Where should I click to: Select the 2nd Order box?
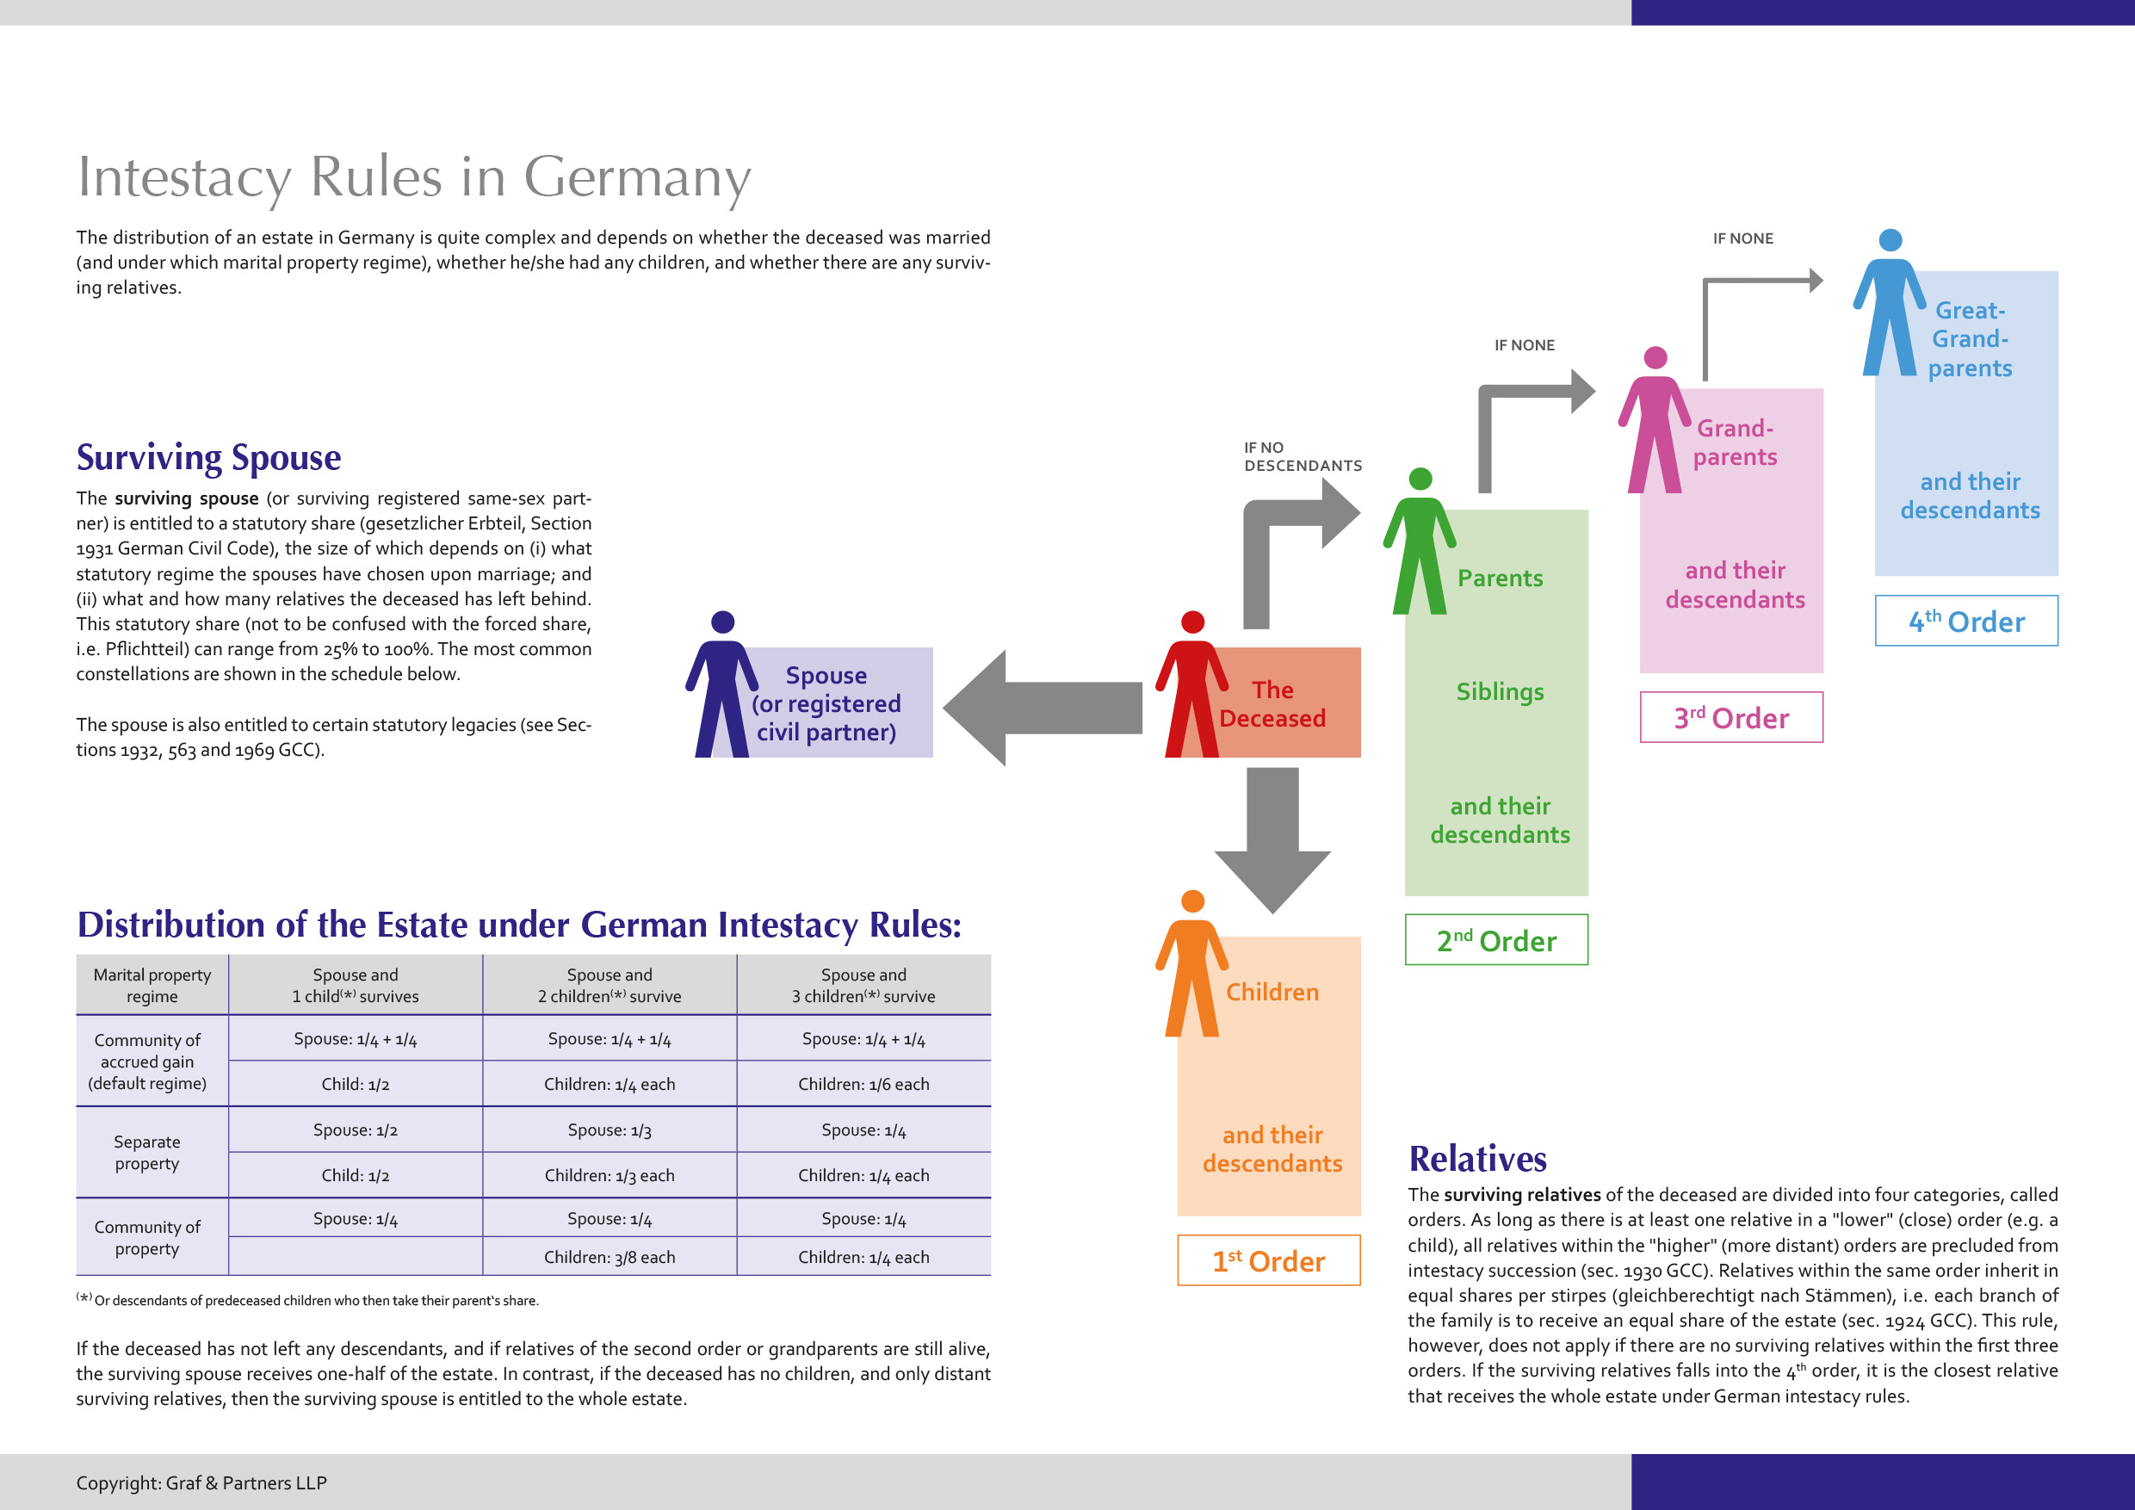(1496, 940)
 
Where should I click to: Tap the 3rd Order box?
(1730, 717)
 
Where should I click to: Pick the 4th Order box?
(1965, 620)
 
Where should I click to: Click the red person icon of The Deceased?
(1191, 688)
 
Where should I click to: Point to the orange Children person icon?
(1191, 967)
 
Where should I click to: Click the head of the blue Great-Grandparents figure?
(1890, 240)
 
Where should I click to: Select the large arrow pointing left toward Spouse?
(1042, 708)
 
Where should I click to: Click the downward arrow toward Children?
(1272, 837)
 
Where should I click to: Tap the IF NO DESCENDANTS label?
(1302, 456)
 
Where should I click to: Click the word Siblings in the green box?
(1499, 692)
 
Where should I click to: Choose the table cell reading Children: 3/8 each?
(609, 1257)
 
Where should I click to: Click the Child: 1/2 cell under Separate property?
(356, 1175)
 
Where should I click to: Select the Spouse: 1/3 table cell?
(609, 1129)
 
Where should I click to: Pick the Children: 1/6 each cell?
(863, 1084)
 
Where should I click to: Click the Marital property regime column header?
(152, 985)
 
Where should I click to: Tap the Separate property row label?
(147, 1152)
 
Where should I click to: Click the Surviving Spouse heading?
(208, 457)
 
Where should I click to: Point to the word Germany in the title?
(637, 176)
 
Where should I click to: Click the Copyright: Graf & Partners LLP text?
(201, 1483)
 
